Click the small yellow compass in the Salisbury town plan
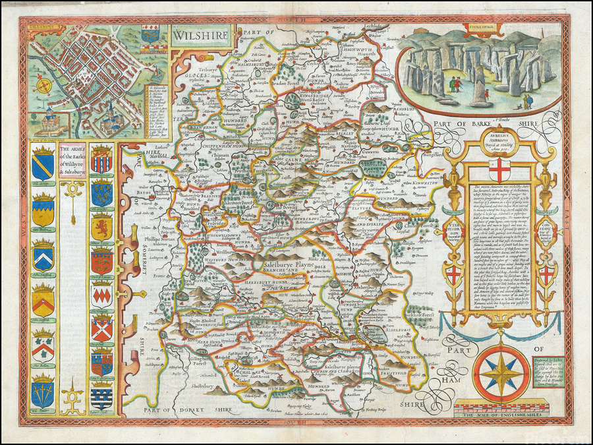(45, 86)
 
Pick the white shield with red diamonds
(100, 293)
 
